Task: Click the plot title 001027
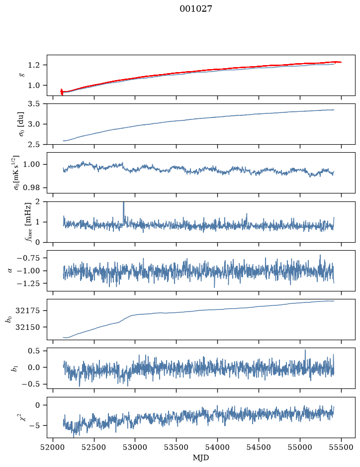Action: [195, 9]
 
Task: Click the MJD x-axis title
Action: [200, 458]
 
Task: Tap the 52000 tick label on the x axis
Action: [53, 447]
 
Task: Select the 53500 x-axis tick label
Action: [177, 447]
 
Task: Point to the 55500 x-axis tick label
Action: [341, 447]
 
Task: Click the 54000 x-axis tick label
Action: [217, 447]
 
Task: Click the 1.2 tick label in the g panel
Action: [34, 65]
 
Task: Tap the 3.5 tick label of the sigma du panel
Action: [34, 103]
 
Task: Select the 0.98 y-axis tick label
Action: [31, 187]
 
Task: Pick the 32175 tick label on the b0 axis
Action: [28, 311]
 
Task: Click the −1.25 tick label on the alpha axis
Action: [28, 283]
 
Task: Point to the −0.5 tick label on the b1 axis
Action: [31, 384]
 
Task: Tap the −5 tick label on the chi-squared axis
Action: [34, 425]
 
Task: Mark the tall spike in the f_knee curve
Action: [124, 212]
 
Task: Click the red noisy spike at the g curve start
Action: [62, 92]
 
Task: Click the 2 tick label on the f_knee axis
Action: [37, 202]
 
